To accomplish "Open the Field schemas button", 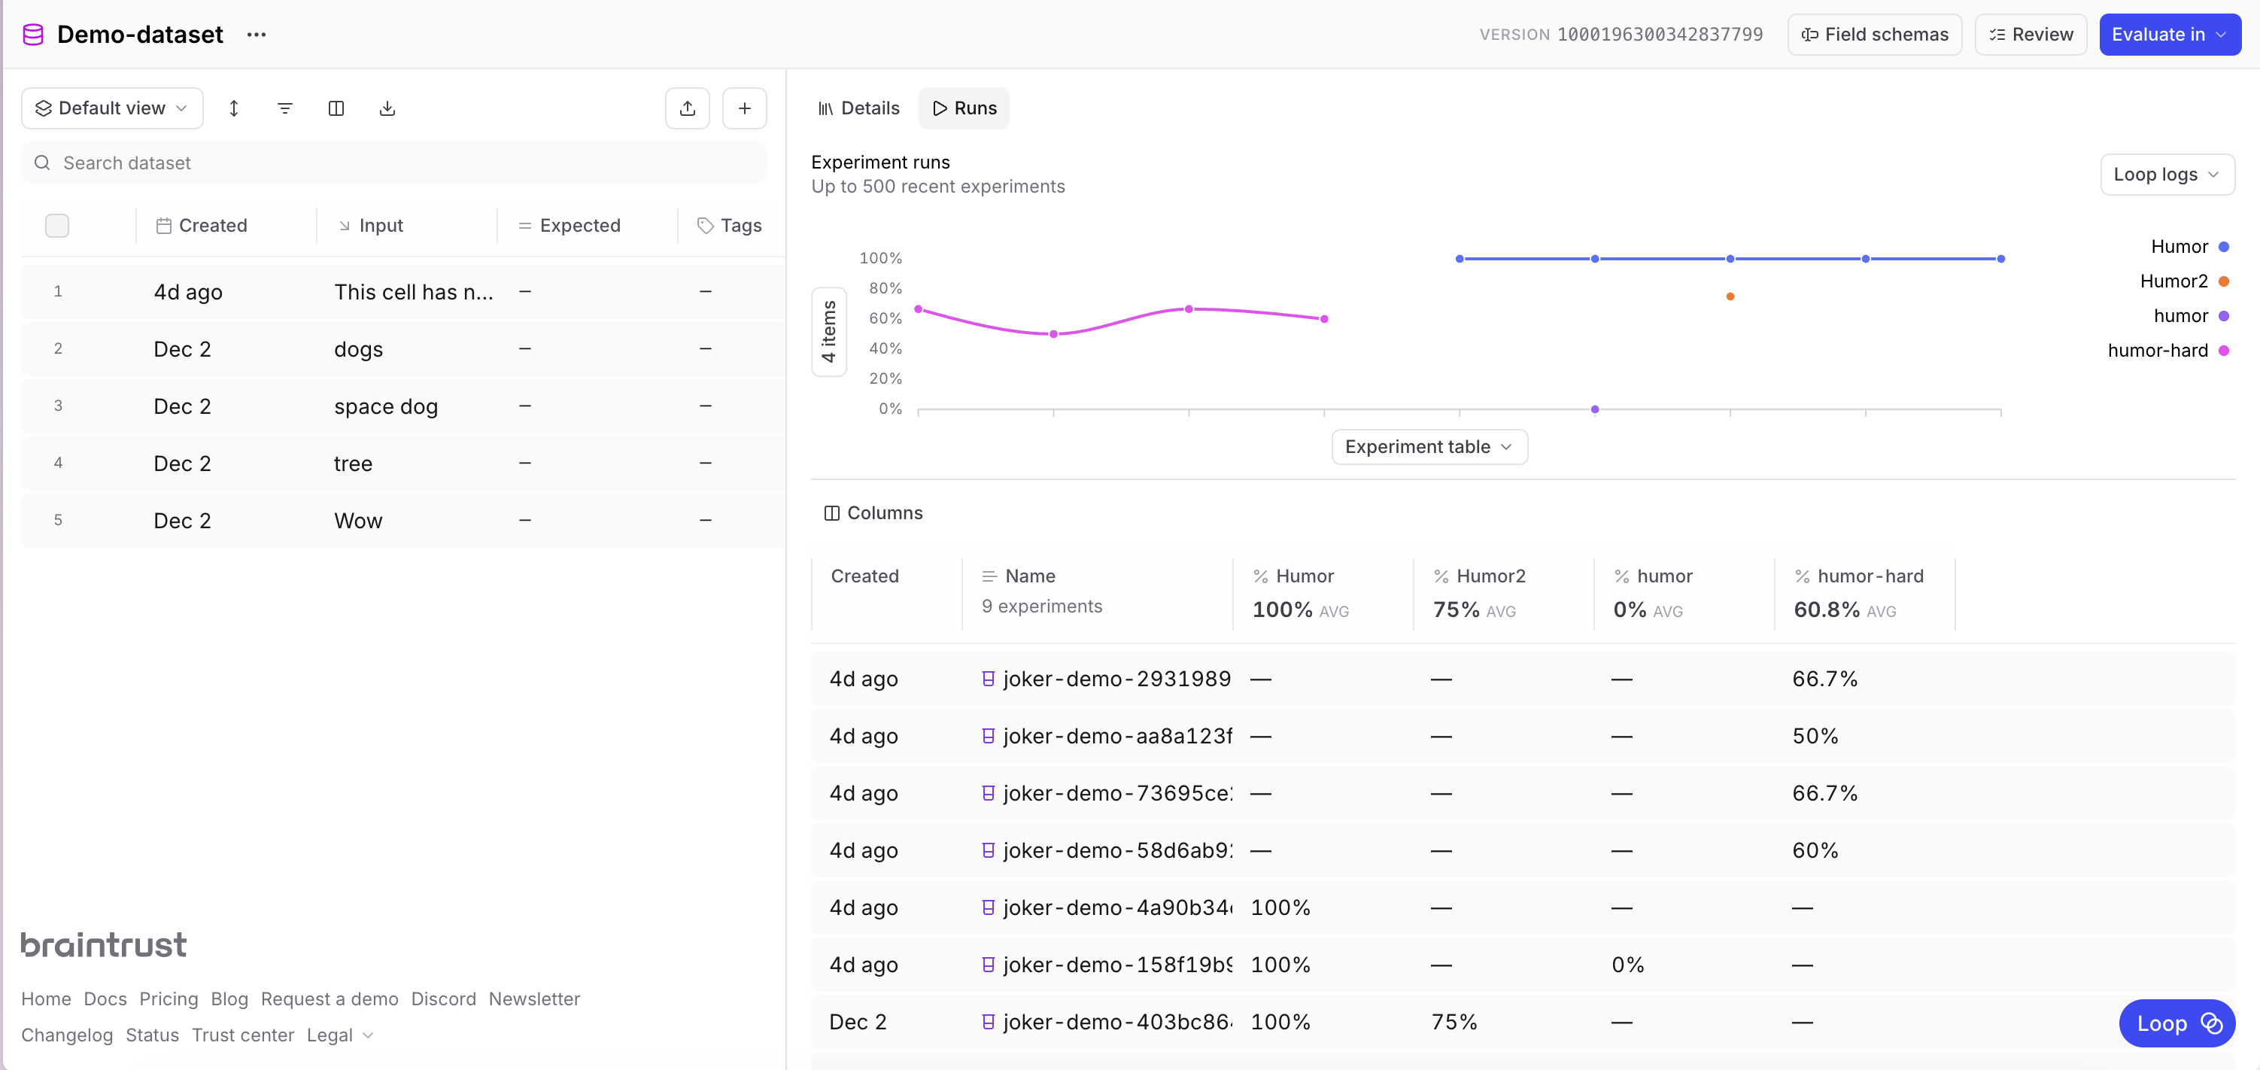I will [x=1874, y=34].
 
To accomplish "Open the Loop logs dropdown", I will [x=2166, y=174].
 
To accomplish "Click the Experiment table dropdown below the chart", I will [x=1428, y=446].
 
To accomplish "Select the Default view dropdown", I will [x=111, y=108].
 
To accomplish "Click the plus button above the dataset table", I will [x=744, y=108].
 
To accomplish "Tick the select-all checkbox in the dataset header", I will [x=57, y=226].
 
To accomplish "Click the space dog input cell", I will [x=386, y=406].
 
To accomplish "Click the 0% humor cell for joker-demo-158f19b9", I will [x=1627, y=965].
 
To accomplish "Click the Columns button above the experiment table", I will [x=873, y=512].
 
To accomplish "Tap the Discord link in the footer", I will [x=443, y=999].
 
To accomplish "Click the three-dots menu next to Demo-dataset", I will [x=257, y=34].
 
